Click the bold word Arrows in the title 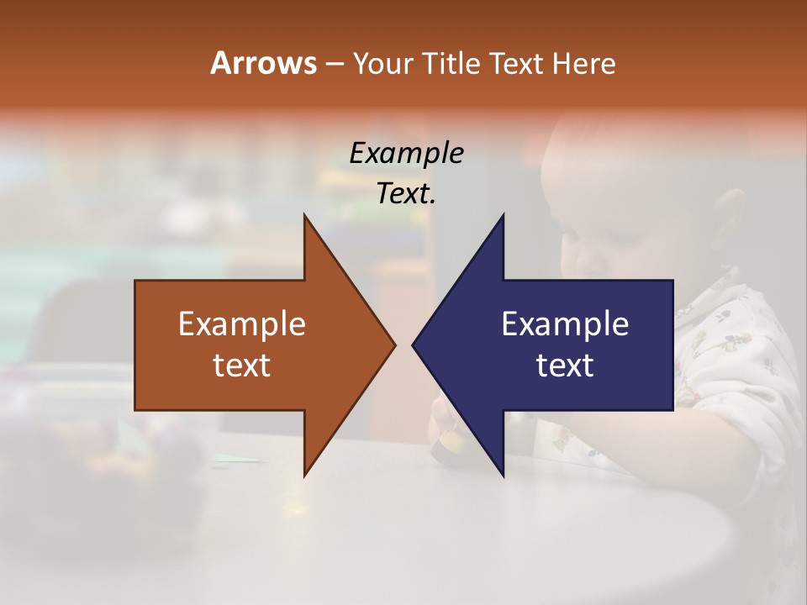point(263,63)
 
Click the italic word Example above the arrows point(406,153)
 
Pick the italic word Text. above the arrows point(406,193)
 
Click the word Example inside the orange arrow point(242,324)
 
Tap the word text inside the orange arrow point(242,366)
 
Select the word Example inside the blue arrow point(565,324)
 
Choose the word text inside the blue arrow point(565,366)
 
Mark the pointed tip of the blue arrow point(414,345)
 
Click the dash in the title point(334,63)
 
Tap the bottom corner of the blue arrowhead point(503,476)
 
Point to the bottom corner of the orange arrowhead point(304,476)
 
